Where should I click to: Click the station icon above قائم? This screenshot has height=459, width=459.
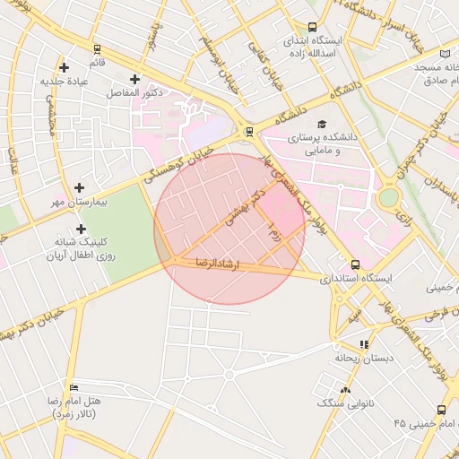(97, 49)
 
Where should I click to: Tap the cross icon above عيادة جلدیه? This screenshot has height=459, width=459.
(64, 67)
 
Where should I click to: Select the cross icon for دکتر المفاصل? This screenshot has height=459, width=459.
(135, 79)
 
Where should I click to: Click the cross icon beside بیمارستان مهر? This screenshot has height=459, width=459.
(80, 188)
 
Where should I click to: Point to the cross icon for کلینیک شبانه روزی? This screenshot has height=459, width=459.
(81, 228)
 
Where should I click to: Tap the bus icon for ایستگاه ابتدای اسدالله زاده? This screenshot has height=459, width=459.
(312, 28)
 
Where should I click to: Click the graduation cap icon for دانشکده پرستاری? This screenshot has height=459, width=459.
(322, 125)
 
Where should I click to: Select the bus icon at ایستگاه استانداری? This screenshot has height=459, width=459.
(356, 265)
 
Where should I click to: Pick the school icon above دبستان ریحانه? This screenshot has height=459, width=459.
(363, 344)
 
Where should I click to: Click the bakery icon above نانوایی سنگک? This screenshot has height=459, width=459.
(345, 389)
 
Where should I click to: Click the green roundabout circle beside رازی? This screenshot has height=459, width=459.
(388, 197)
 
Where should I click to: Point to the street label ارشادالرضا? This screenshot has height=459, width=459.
(215, 264)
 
